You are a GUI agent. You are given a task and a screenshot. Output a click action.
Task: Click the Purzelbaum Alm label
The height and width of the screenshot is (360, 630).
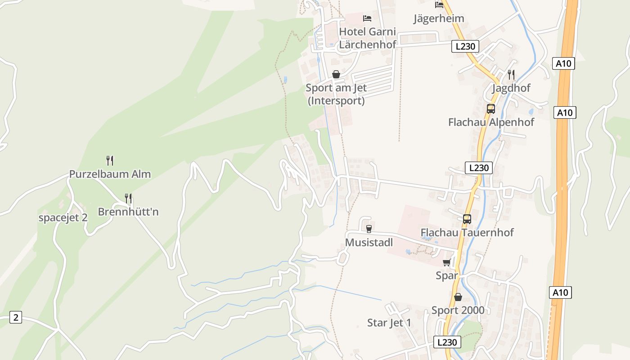tap(110, 174)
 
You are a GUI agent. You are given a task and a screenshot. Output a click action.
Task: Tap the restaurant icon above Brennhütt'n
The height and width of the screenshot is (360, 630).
tap(128, 198)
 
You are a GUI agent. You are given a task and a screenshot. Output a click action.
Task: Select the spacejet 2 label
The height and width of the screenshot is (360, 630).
tap(63, 218)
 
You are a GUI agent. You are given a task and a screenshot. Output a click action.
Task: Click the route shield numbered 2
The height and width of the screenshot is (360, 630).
tap(16, 317)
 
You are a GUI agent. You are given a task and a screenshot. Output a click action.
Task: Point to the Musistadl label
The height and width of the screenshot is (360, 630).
tap(369, 243)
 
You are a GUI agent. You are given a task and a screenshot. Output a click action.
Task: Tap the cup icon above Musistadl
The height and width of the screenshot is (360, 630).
tap(369, 229)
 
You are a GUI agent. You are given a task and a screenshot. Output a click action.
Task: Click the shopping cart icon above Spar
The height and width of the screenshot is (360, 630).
tap(447, 262)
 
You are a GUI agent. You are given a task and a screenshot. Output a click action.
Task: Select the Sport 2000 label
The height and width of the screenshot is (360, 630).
tap(458, 310)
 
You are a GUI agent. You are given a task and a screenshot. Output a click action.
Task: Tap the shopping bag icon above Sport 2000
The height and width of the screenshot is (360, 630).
tap(458, 297)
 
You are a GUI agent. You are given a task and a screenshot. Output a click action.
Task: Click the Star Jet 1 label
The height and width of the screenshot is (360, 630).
tap(389, 323)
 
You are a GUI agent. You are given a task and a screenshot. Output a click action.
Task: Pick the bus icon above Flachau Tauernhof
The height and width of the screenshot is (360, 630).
tap(467, 219)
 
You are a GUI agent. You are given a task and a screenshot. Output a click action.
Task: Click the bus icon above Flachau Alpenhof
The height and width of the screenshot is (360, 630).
tap(491, 108)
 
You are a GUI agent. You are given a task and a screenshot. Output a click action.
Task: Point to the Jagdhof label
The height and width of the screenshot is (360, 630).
tap(511, 88)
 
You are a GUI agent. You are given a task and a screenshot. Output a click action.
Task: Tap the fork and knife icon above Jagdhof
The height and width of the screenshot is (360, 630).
tap(511, 74)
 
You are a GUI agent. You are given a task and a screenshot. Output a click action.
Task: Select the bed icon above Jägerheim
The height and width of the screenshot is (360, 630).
tap(439, 5)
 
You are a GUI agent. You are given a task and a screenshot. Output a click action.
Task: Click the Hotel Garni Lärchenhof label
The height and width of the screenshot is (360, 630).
tap(368, 38)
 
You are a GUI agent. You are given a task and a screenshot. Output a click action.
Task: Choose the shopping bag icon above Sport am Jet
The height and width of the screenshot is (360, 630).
tap(336, 74)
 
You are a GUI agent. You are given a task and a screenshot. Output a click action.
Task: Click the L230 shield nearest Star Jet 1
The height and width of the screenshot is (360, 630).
tap(447, 342)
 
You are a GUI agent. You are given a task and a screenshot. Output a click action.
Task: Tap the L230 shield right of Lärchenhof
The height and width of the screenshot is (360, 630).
tap(465, 46)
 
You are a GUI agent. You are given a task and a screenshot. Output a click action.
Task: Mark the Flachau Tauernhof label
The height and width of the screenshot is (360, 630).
tap(467, 233)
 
